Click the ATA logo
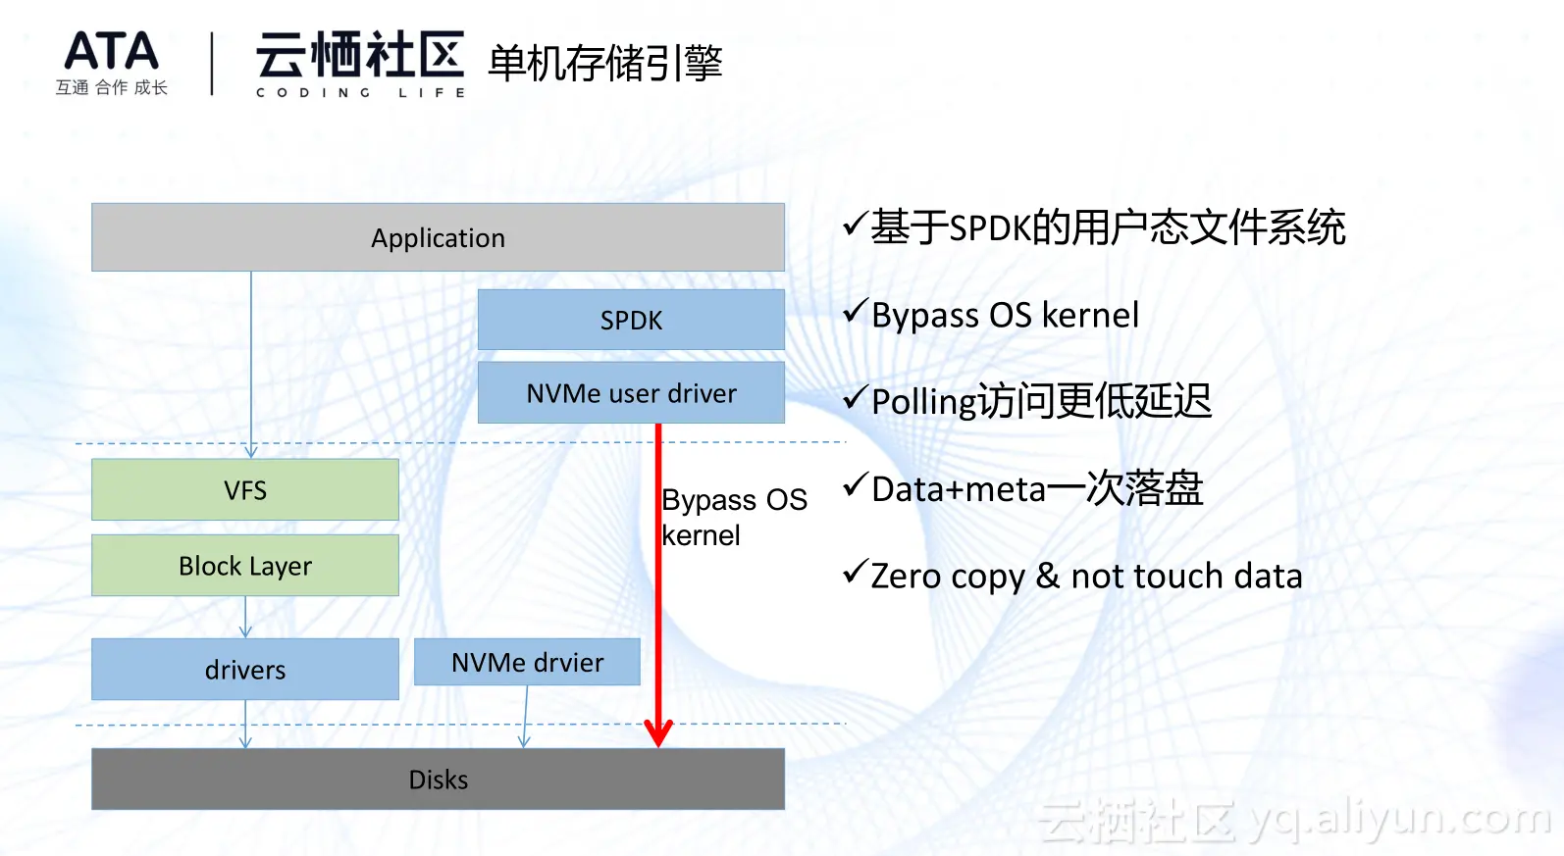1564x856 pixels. (x=112, y=62)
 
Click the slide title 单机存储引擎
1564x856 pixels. (x=604, y=63)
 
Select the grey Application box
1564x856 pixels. (x=438, y=237)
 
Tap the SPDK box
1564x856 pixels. (x=631, y=320)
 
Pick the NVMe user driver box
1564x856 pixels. (x=631, y=393)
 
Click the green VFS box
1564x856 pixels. (x=245, y=489)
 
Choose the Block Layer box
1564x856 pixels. (x=245, y=566)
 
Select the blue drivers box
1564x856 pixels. (x=245, y=670)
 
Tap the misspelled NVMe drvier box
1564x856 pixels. (x=527, y=662)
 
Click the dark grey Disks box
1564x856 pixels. (x=438, y=780)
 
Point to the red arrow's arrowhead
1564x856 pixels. (x=657, y=733)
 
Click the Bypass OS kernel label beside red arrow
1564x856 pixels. (x=734, y=518)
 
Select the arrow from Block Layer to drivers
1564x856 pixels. (x=245, y=618)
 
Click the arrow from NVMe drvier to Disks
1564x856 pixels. (x=525, y=717)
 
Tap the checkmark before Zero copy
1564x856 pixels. (x=856, y=572)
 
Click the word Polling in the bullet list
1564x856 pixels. (x=923, y=403)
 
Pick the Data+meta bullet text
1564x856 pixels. (x=1037, y=488)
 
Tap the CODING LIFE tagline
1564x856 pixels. (x=360, y=93)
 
